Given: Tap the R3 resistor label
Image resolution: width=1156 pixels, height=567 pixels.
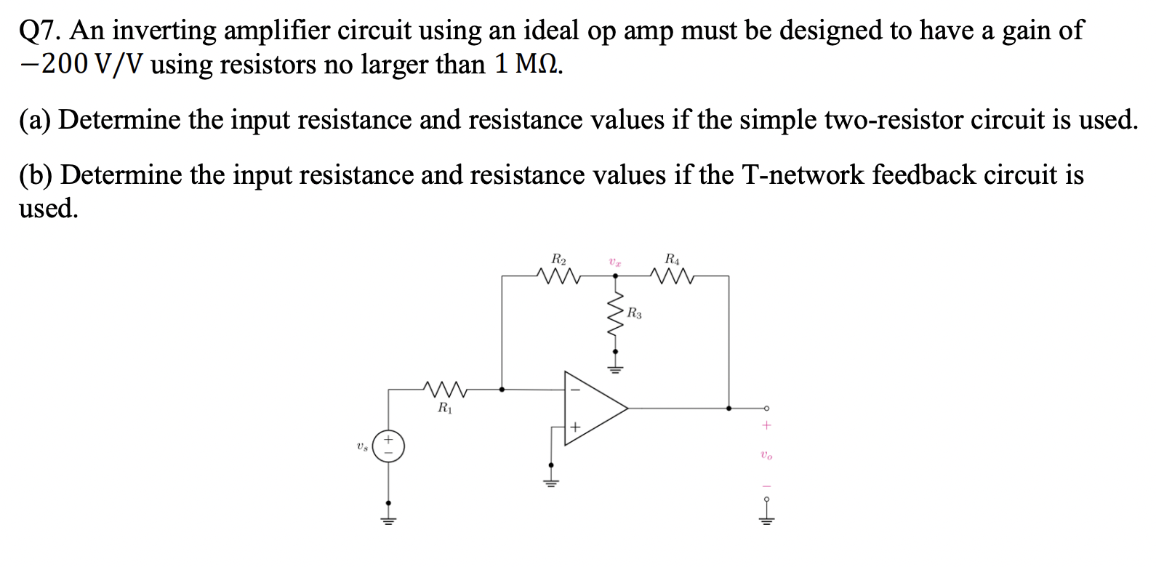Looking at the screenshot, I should point(634,314).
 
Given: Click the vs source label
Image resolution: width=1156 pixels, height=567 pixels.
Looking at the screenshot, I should point(361,446).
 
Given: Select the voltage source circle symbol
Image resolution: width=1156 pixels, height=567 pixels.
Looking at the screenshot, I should point(388,446).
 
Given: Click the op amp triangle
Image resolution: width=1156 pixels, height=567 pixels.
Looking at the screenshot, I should point(593,408).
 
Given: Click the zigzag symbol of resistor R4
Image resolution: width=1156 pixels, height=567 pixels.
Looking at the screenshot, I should point(673,276).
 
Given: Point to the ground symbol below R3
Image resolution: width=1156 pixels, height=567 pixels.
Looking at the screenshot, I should point(615,368).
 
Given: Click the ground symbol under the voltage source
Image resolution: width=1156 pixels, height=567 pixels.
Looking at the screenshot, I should point(388,519).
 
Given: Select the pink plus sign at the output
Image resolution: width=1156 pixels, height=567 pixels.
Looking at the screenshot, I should point(766,425).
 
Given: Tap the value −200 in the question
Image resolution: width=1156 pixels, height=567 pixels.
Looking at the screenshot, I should point(58,65).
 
